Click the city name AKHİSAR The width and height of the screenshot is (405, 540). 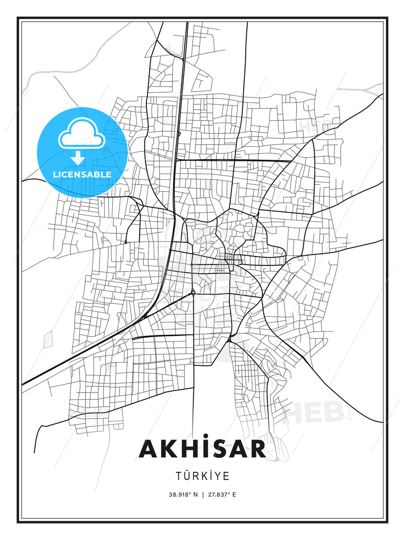pos(202,449)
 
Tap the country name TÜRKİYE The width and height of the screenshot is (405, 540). pos(202,476)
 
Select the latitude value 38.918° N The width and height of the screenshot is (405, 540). pos(183,494)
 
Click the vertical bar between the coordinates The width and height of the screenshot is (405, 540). pos(202,494)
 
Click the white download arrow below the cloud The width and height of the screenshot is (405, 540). pos(78,158)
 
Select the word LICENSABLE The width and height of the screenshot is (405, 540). pos(82,174)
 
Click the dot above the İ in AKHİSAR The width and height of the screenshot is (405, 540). pos(205,436)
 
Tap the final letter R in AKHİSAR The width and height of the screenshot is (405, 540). pos(257,449)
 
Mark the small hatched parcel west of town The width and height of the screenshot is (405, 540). pos(48,339)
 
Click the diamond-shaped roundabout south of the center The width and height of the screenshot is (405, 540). pos(193,292)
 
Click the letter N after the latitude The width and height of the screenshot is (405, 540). pos(195,494)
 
